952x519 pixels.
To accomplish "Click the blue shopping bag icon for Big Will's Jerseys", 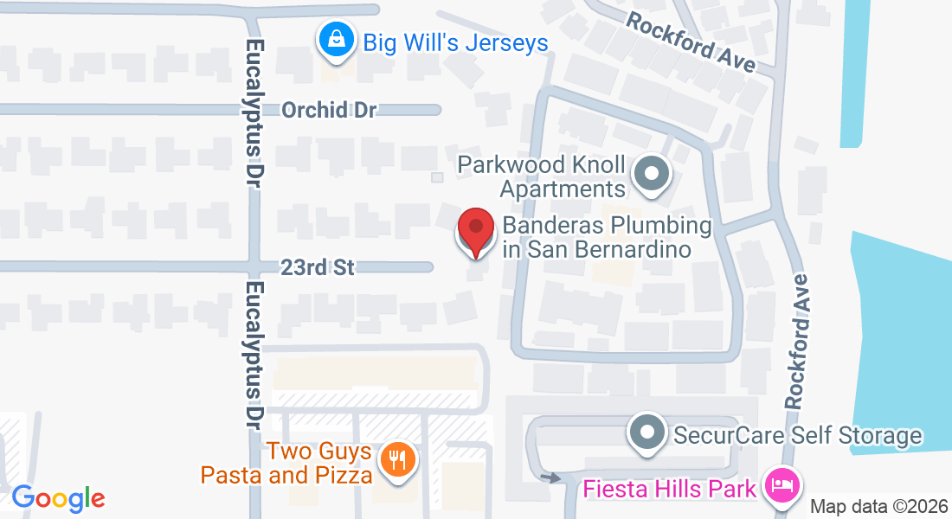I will pos(333,40).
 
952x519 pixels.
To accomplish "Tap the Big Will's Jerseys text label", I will pos(455,42).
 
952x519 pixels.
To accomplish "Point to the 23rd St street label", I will pos(318,267).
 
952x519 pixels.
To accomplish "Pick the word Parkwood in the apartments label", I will pos(509,164).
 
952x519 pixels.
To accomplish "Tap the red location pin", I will pos(475,230).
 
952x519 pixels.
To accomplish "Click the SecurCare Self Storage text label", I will pos(797,435).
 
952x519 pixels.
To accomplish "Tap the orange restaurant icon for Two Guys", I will pos(398,458).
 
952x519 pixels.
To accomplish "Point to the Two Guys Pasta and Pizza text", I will pos(287,464).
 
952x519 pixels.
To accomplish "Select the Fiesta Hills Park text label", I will pos(670,489).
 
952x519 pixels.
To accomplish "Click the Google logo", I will pos(58,498).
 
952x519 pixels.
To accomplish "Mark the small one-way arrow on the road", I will pos(550,477).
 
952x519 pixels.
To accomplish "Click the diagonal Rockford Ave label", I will pos(691,40).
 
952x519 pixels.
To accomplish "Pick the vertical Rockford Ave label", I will pos(797,341).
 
